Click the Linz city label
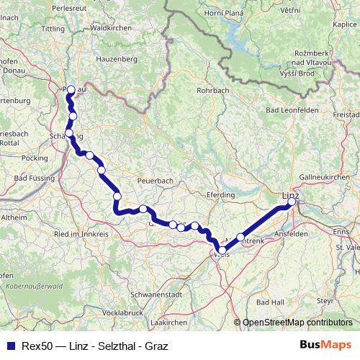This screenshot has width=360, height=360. [289, 194]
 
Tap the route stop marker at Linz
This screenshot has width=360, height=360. [292, 202]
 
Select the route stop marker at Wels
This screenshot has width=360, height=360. [222, 251]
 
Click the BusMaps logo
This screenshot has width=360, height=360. [325, 344]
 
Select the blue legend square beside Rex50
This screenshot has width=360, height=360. [9, 345]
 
